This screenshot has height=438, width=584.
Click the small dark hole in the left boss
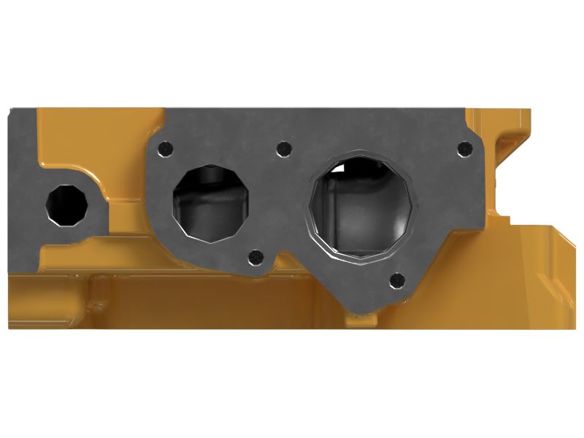pos(65,203)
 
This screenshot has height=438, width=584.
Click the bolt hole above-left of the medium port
pos(167,149)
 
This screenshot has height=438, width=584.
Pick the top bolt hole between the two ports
pos(284,149)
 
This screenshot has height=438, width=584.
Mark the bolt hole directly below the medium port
pos(255,257)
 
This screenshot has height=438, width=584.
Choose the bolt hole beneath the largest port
pos(397,279)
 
